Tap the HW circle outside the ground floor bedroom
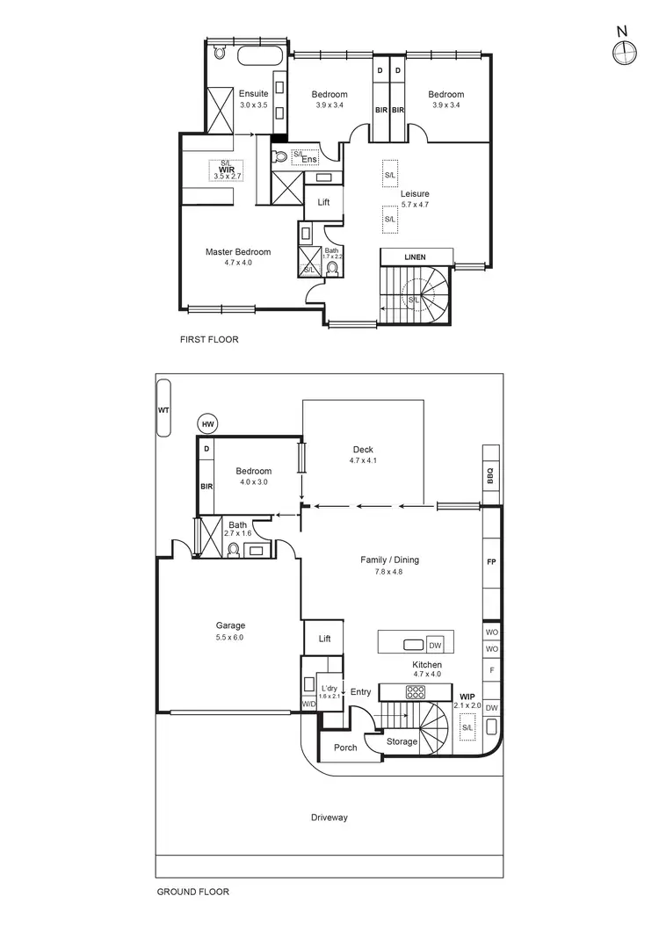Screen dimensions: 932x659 207,424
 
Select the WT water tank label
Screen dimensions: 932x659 163,409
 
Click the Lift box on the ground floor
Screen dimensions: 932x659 324,639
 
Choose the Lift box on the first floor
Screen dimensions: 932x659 323,202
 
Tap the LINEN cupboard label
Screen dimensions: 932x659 415,257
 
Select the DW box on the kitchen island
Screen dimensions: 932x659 435,645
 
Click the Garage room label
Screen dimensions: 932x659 230,625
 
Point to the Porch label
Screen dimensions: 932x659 345,748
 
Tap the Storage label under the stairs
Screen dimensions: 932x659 402,741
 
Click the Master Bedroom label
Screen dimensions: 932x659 238,252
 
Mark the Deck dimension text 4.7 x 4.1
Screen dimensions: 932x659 363,460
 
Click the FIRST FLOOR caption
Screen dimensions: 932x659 208,339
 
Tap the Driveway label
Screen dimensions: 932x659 329,818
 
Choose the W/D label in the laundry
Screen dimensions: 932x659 308,704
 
